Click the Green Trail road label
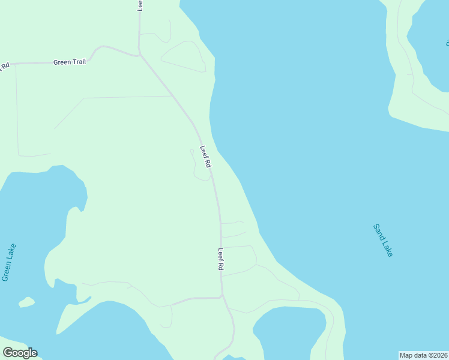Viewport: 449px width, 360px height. pyautogui.click(x=70, y=62)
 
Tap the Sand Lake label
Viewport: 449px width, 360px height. pyautogui.click(x=382, y=241)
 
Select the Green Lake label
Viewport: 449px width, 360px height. pyautogui.click(x=9, y=262)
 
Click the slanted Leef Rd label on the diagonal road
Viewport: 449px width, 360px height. pyautogui.click(x=206, y=157)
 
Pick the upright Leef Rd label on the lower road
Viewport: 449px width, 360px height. pyautogui.click(x=221, y=259)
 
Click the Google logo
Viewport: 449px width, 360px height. pyautogui.click(x=20, y=353)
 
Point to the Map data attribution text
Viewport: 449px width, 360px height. pyautogui.click(x=424, y=355)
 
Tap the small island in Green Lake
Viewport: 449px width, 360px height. pyautogui.click(x=26, y=301)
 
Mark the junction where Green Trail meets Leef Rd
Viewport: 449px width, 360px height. pyautogui.click(x=140, y=56)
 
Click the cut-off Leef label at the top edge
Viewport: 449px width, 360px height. pyautogui.click(x=140, y=5)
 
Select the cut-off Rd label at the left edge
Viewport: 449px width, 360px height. pyautogui.click(x=5, y=65)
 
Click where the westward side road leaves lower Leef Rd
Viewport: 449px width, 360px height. pyautogui.click(x=221, y=296)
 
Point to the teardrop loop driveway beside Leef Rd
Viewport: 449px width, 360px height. pyautogui.click(x=200, y=167)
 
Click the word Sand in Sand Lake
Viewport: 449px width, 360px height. pyautogui.click(x=378, y=232)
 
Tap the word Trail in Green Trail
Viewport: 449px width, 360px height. pyautogui.click(x=79, y=62)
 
